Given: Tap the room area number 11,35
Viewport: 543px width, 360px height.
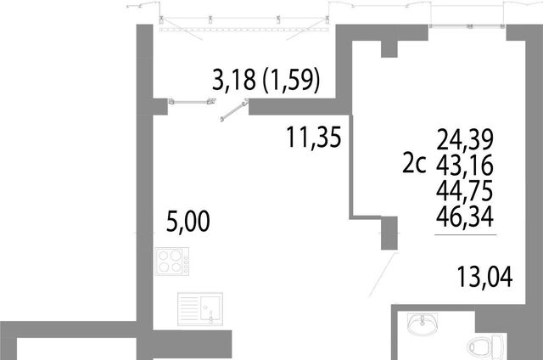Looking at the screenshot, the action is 314,138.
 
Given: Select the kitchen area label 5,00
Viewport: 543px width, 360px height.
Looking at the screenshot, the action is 188,221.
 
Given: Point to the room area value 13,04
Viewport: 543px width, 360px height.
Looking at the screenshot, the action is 484,277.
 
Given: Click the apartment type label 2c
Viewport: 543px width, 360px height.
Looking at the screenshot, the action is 414,164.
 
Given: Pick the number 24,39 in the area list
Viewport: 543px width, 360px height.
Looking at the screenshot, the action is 465,139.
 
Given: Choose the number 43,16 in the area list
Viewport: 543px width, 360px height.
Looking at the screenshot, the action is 465,166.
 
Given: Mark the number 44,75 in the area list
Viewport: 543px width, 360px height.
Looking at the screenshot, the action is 465,191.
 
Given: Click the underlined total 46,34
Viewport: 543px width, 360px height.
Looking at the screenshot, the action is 465,217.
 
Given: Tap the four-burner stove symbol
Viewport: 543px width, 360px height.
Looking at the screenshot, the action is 172,262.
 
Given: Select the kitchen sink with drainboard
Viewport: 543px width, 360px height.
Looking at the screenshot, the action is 200,309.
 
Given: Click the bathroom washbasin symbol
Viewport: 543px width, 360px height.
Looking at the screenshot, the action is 423,323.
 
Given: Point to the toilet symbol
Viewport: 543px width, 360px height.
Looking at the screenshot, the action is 486,346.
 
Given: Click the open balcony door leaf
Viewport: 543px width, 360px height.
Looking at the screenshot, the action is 234,110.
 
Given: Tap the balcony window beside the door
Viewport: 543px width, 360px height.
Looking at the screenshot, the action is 192,102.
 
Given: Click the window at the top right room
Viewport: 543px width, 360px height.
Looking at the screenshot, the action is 467,26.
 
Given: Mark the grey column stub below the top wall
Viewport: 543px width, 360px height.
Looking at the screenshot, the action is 389,49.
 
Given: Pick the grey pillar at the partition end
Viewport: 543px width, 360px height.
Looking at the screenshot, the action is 389,233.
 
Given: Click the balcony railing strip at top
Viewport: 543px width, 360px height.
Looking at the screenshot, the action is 244,30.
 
